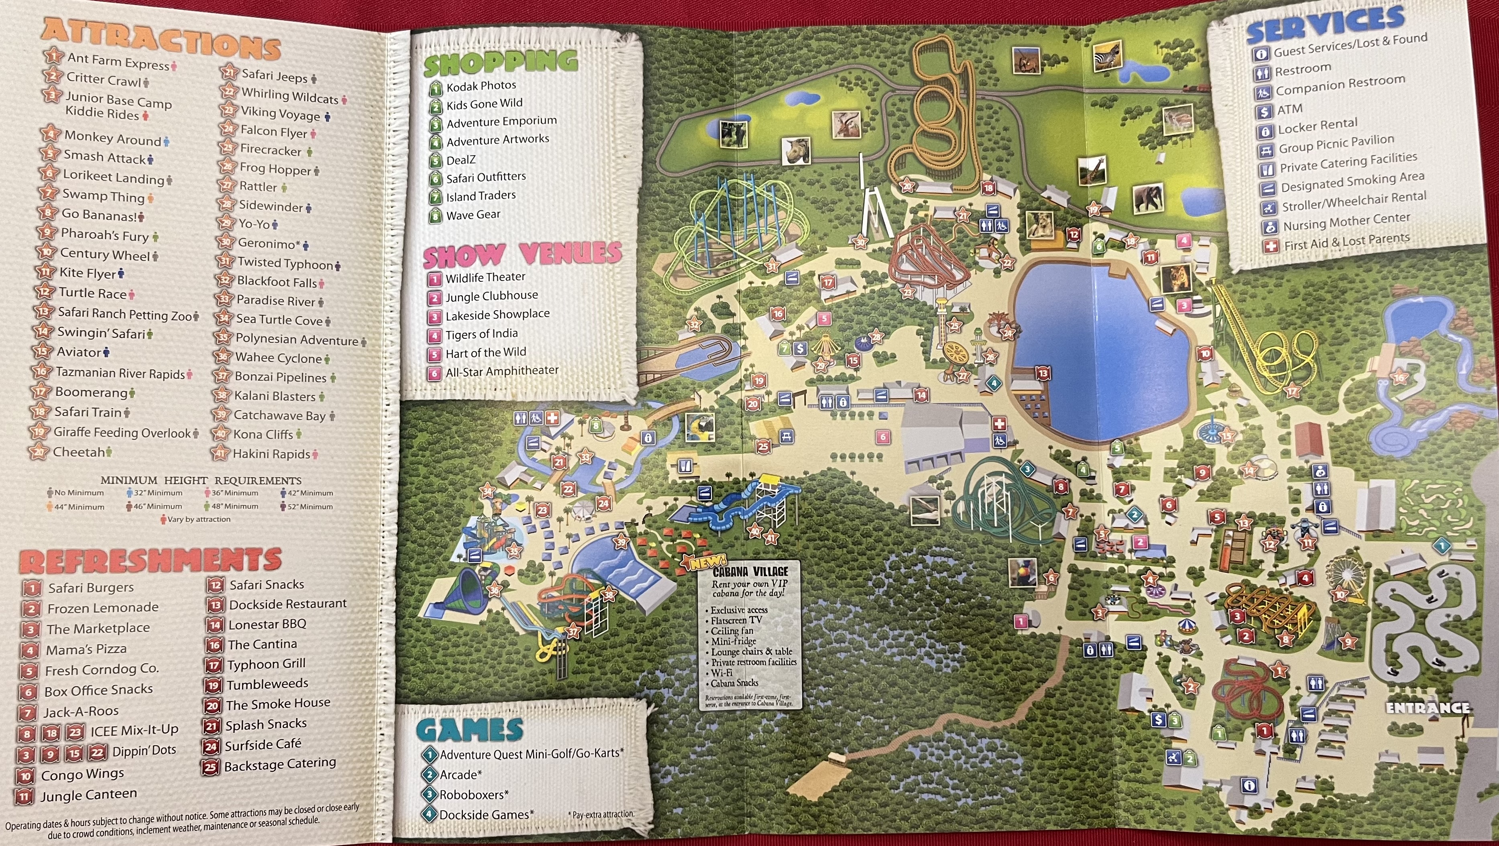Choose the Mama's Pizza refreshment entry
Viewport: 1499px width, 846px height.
click(x=86, y=649)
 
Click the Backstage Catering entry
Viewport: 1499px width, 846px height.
click(x=279, y=765)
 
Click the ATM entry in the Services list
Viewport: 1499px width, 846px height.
click(x=1289, y=110)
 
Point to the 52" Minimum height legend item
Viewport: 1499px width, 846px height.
click(x=310, y=506)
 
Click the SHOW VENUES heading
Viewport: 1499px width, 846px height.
click(x=522, y=254)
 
